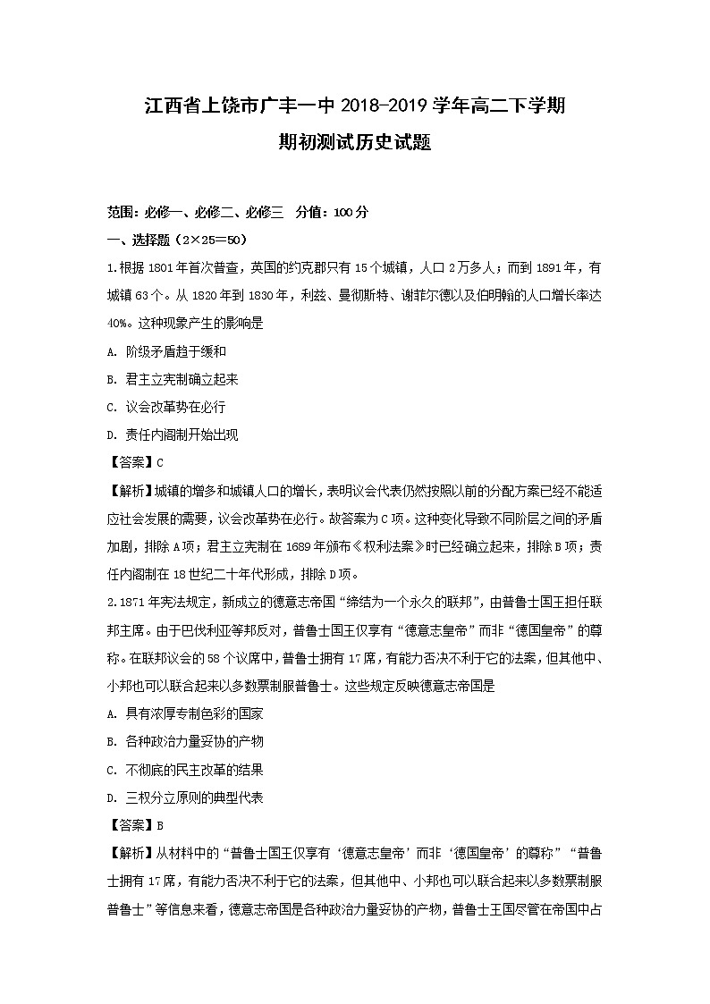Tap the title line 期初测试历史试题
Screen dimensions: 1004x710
point(355,142)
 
